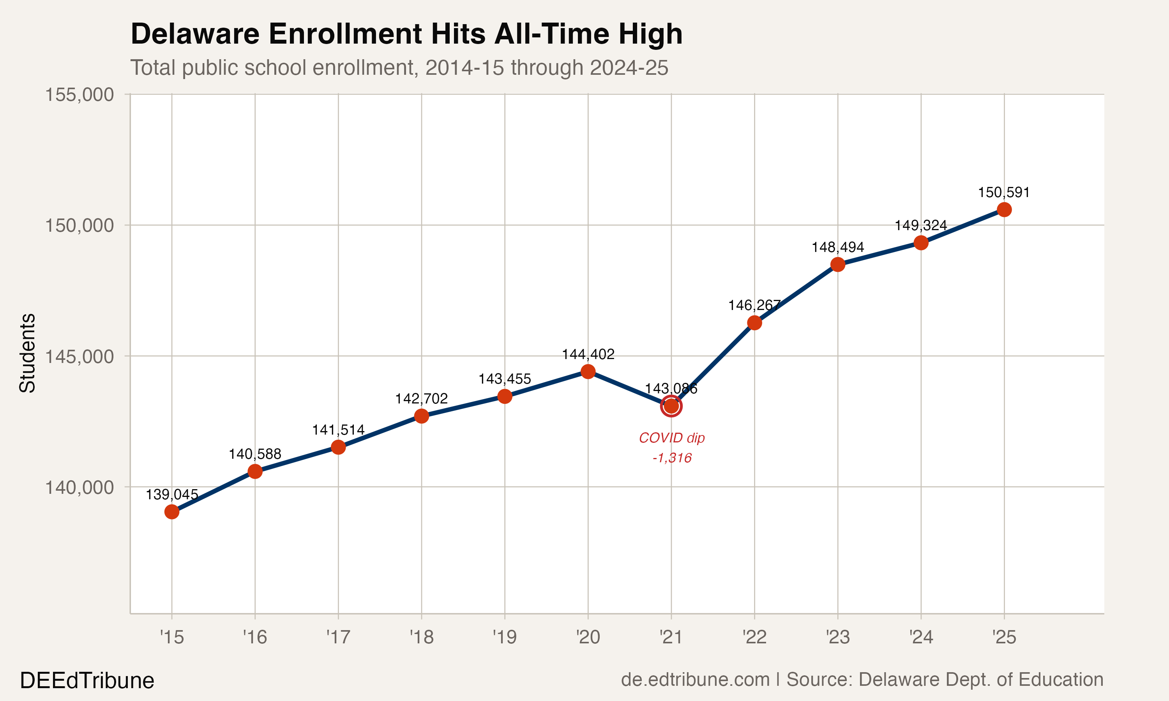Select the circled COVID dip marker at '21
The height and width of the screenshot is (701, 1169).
[671, 406]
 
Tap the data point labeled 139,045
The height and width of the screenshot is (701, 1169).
[171, 512]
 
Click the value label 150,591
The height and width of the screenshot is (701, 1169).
[1004, 193]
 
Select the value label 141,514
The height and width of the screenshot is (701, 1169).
[338, 430]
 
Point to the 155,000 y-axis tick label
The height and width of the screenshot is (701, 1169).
[79, 95]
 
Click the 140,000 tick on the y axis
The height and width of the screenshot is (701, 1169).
[79, 487]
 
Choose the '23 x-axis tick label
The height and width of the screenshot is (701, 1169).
[837, 638]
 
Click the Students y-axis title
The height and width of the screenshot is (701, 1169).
[27, 353]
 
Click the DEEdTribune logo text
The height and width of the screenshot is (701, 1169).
[87, 681]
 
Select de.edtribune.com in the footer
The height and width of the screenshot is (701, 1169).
[695, 680]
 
